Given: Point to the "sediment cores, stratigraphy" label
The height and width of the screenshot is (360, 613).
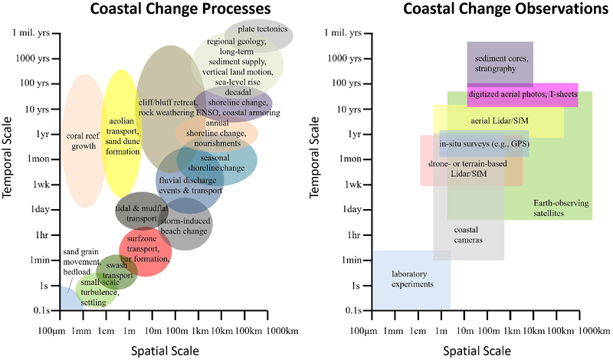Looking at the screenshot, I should point(500,63).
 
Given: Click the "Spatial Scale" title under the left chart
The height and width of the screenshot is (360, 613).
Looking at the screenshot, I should point(165,350).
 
